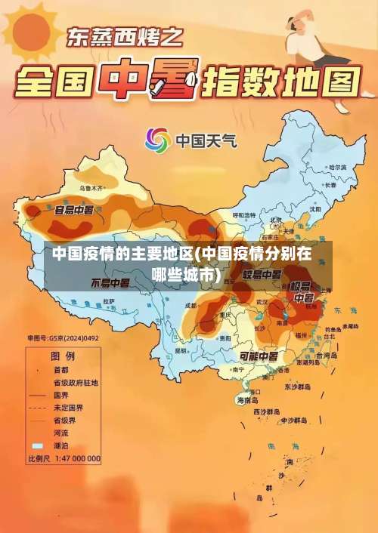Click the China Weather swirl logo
[158, 140]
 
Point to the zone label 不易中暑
[110, 283]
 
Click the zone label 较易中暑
[262, 274]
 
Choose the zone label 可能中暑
[259, 356]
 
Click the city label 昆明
[181, 350]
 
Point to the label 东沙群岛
[296, 387]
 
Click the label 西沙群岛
[269, 411]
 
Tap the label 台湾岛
[327, 354]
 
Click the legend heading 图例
[62, 355]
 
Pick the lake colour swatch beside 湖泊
[37, 445]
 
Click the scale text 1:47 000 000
[76, 458]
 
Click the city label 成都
[192, 305]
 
